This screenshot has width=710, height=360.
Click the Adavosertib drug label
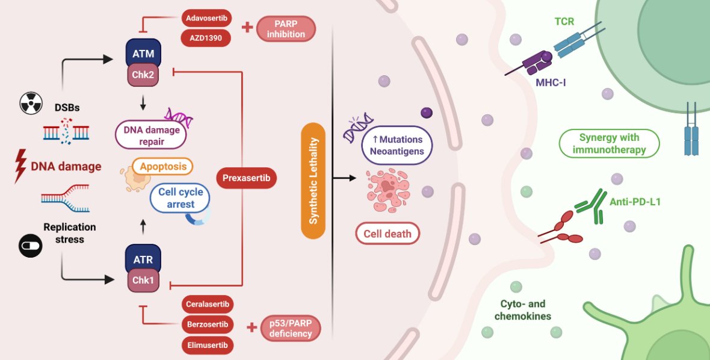pyautogui.click(x=206, y=18)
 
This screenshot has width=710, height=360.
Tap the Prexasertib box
pyautogui.click(x=245, y=178)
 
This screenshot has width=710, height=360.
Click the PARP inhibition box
pyautogui.click(x=286, y=28)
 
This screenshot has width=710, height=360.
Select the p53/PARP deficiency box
pyautogui.click(x=291, y=329)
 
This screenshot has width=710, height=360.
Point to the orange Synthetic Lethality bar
pyautogui.click(x=313, y=180)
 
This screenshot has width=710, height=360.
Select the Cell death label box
pyautogui.click(x=387, y=234)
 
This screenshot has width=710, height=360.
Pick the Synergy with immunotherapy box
pyautogui.click(x=609, y=144)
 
